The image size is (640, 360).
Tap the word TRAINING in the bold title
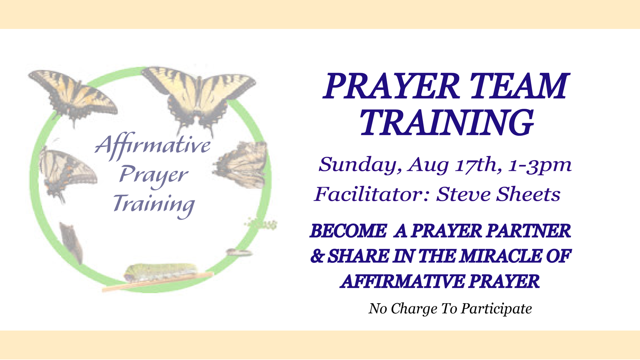click(446, 123)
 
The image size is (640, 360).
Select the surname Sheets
click(528, 194)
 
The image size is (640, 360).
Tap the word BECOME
click(348, 231)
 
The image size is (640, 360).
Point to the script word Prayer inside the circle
click(154, 176)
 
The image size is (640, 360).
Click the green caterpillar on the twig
click(161, 272)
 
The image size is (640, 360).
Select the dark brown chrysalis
click(71, 243)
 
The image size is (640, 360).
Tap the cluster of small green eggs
click(262, 223)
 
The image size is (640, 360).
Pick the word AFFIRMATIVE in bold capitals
click(403, 282)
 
